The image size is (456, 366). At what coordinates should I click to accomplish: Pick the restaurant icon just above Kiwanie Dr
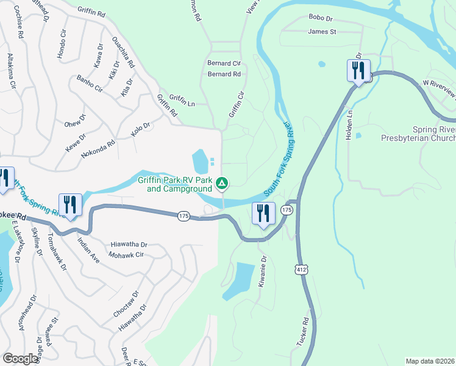tap(263, 213)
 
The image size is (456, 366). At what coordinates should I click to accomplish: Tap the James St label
tap(322, 32)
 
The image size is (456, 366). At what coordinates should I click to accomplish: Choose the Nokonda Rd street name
tap(98, 150)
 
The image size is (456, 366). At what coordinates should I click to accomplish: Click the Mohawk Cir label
tap(126, 254)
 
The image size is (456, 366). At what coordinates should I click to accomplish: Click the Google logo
tap(21, 359)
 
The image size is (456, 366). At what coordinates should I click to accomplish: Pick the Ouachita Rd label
tap(123, 52)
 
